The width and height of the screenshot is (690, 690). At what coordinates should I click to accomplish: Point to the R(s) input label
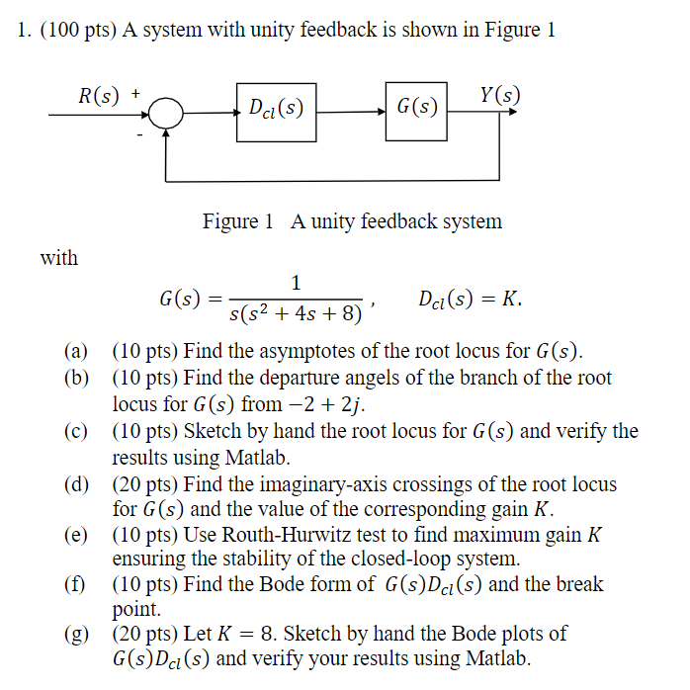pyautogui.click(x=99, y=96)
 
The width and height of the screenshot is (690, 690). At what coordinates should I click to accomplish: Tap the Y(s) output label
pyautogui.click(x=499, y=96)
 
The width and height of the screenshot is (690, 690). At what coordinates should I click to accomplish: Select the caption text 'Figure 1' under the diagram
pyautogui.click(x=237, y=221)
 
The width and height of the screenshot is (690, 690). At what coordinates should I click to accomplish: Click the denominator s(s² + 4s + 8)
pyautogui.click(x=296, y=315)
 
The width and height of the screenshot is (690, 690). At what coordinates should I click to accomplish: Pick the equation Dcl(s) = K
pyautogui.click(x=470, y=298)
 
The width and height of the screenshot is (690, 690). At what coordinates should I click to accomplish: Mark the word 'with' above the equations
pyautogui.click(x=58, y=258)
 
